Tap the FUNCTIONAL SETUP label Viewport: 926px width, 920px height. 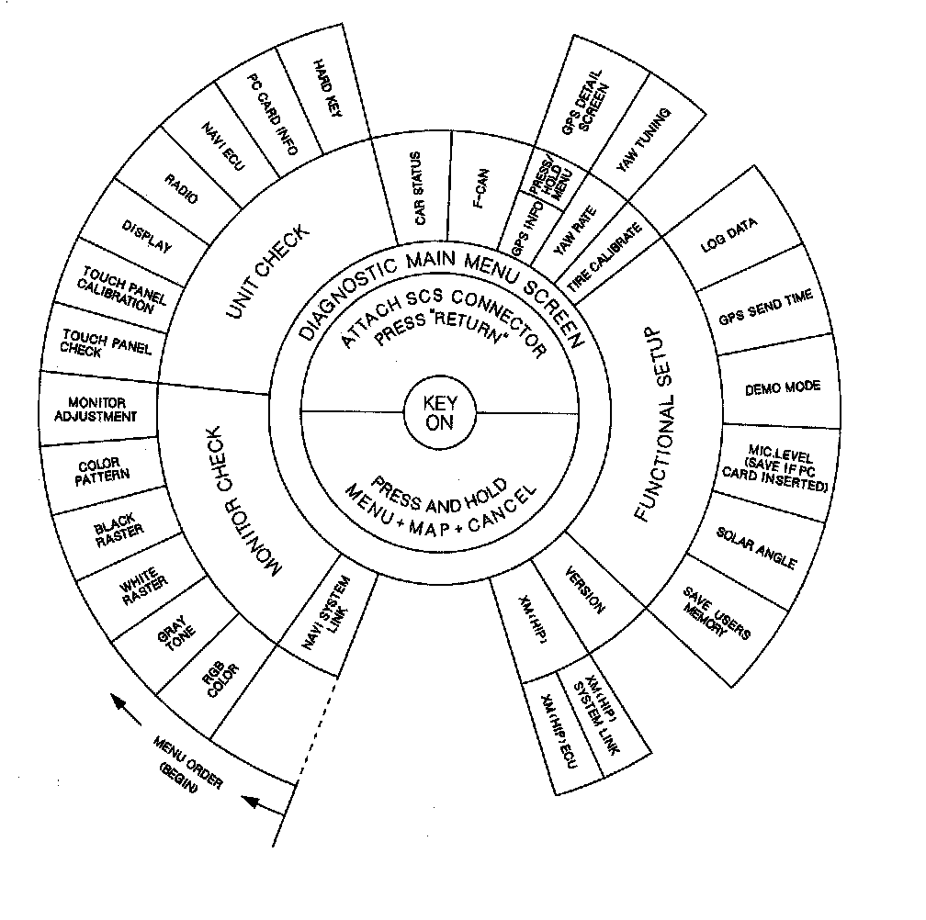660,423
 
